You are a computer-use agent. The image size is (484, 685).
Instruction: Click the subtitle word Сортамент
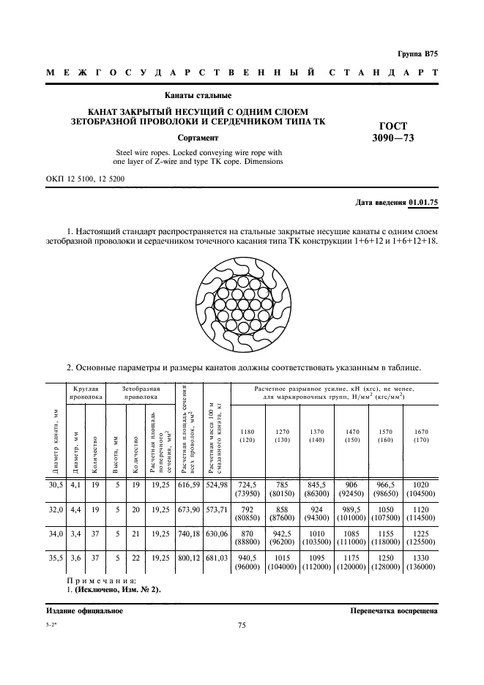[198, 138]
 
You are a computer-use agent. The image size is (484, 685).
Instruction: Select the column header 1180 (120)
[247, 436]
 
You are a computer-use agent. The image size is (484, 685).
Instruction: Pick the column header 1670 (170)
[421, 436]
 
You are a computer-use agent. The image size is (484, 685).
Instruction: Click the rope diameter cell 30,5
[56, 484]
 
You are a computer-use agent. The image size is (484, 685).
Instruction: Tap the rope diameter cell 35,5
[56, 560]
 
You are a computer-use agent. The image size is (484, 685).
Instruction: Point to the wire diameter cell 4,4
[76, 509]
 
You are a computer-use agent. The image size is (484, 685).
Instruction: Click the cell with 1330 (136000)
[421, 564]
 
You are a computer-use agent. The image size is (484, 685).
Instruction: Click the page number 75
[242, 625]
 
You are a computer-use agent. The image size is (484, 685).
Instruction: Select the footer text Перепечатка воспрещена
[394, 610]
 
